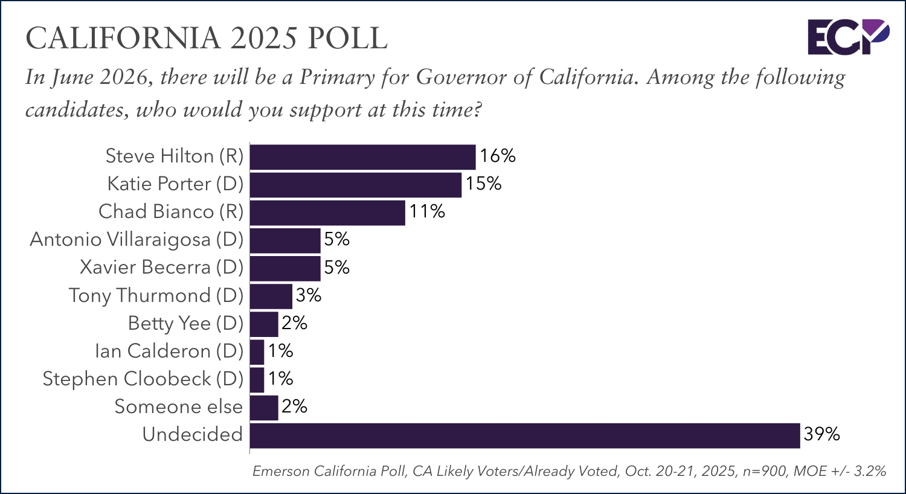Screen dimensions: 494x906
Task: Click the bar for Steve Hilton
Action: pos(362,157)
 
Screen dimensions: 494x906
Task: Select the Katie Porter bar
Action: pos(355,185)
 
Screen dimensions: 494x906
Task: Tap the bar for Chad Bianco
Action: pos(327,213)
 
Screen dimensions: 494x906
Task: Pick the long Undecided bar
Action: pos(524,435)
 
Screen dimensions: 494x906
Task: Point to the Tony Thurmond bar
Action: pos(271,296)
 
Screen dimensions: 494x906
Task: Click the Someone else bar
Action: pos(264,408)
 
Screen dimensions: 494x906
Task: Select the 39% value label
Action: pos(821,434)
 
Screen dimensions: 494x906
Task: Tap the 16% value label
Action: pos(498,156)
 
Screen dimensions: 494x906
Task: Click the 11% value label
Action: pos(427,211)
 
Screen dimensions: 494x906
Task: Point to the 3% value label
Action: pos(308,295)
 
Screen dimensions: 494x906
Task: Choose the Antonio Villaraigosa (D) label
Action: pos(137,240)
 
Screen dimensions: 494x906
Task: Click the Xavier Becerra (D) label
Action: pos(161,268)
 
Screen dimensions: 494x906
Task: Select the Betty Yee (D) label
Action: pos(185,324)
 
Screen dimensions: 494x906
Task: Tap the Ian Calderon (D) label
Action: pos(169,351)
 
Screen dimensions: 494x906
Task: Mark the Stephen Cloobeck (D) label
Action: pos(143,379)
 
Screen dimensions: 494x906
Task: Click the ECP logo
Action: pos(848,36)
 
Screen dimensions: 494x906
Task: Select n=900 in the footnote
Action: pos(763,471)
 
